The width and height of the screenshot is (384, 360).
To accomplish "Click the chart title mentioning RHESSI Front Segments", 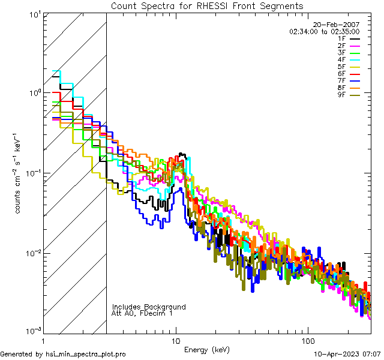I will (206, 6).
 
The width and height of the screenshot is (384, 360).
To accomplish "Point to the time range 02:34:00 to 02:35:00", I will (324, 31).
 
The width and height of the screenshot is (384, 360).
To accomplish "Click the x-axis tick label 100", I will (307, 341).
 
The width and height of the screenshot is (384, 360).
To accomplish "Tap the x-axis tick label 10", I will (176, 341).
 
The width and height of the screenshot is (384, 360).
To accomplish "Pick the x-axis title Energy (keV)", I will (206, 350).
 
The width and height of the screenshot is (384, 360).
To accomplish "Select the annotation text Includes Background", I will (149, 307).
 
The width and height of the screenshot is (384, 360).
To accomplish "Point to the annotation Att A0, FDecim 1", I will (142, 313).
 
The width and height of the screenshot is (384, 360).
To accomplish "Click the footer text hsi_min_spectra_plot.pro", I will (86, 355).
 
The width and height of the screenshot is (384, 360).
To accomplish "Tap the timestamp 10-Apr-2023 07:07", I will (347, 355).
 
